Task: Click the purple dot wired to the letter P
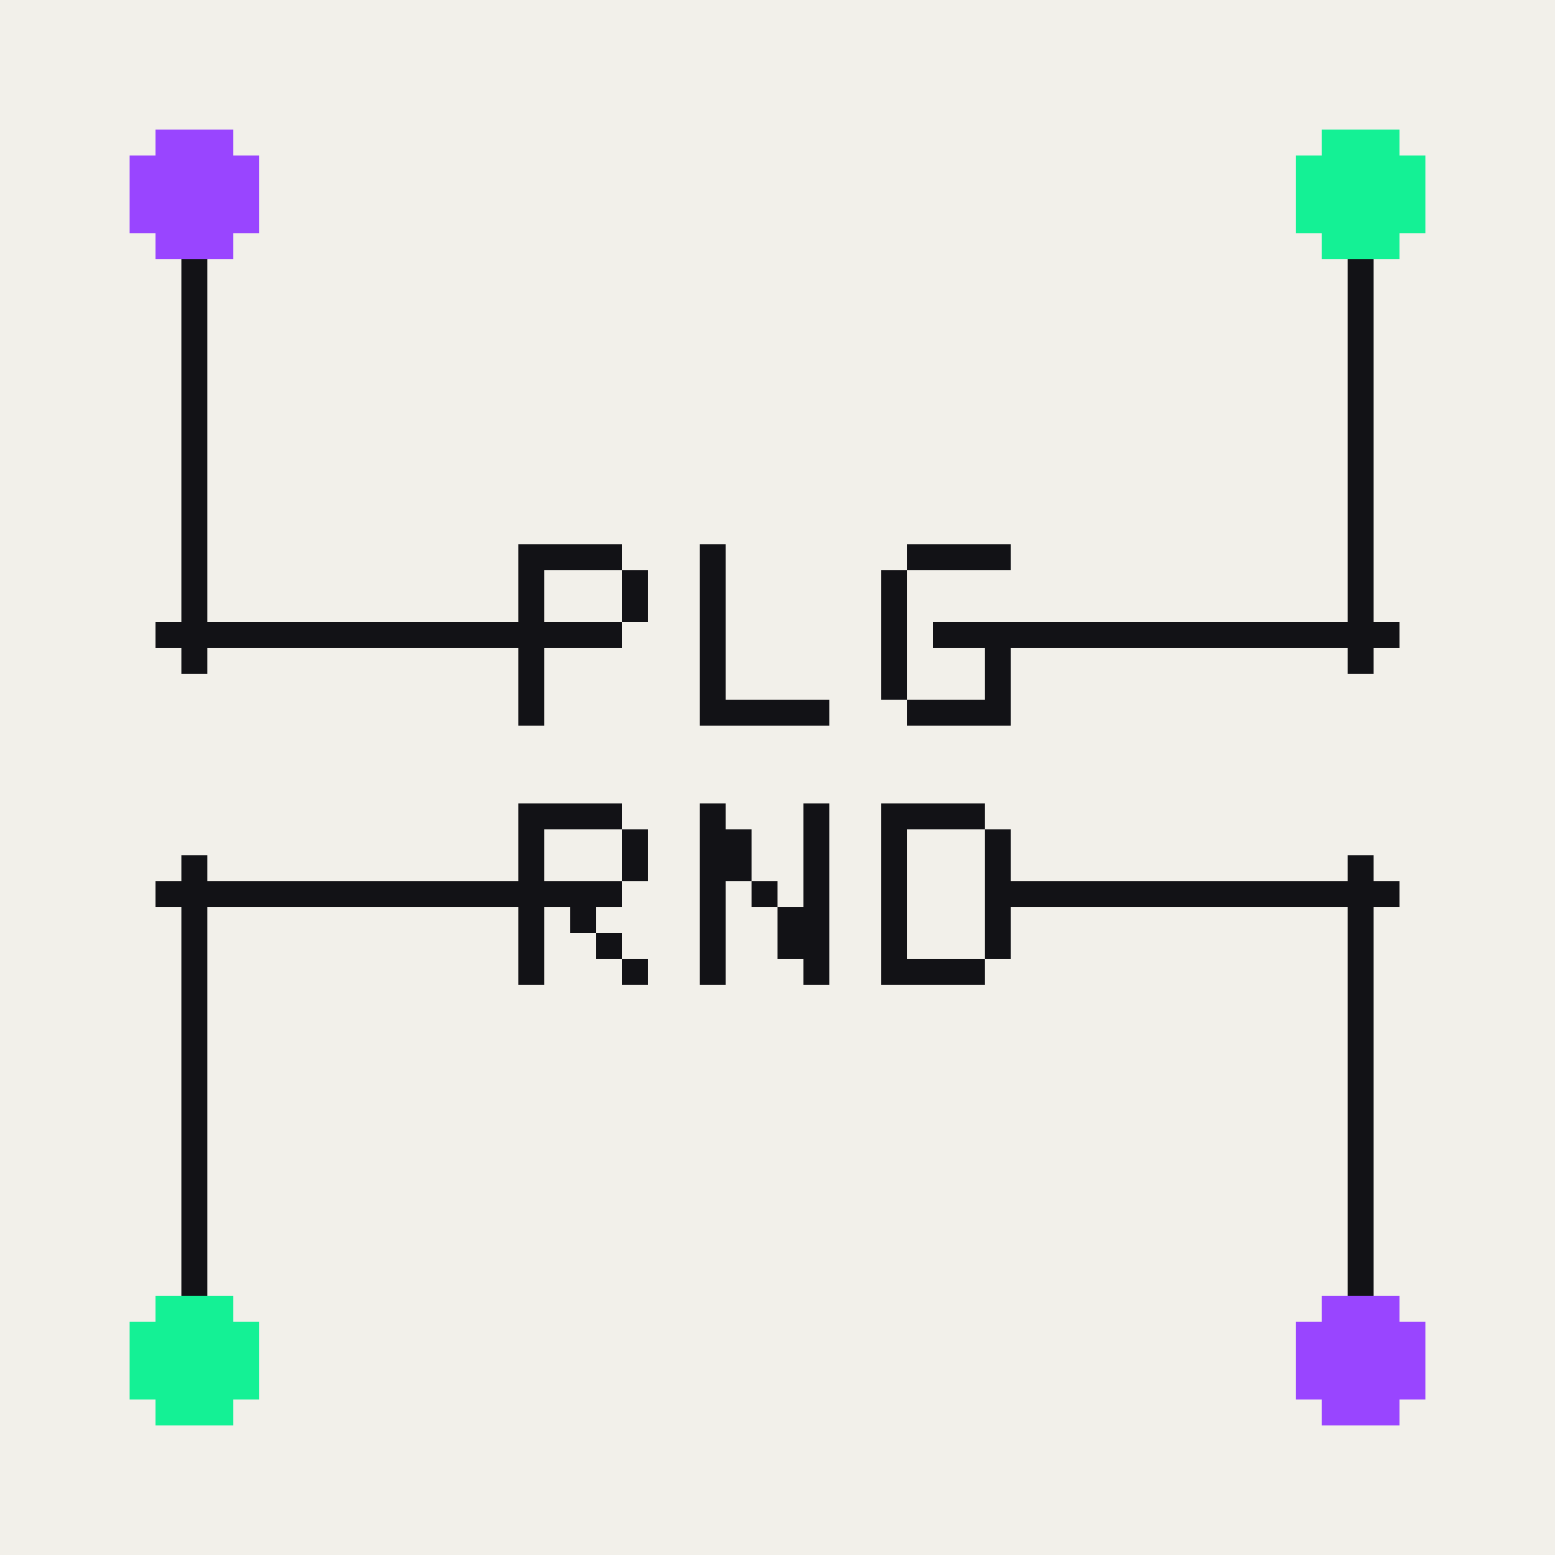(x=194, y=194)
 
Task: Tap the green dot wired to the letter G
(x=1361, y=194)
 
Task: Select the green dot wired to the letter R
(x=194, y=1361)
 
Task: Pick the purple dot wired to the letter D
(x=1361, y=1361)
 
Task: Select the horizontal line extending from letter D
(x=1205, y=894)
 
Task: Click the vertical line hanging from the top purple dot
(x=194, y=466)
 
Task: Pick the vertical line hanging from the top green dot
(x=1361, y=466)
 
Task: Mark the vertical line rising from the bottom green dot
(x=194, y=1076)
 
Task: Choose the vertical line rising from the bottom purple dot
(x=1361, y=1076)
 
